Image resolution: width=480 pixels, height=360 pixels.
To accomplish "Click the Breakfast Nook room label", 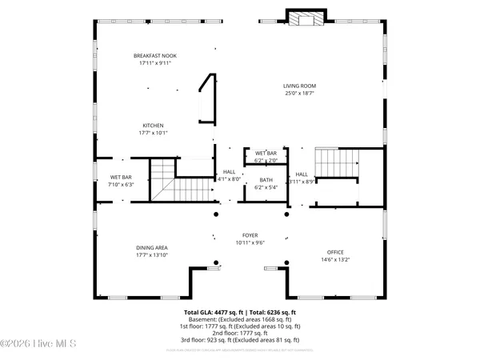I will pos(154,55).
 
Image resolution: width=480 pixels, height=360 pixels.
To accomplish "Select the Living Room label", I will pos(300,86).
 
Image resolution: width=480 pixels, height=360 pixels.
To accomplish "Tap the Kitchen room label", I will pos(153,126).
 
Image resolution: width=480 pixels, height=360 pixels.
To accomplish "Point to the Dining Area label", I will pos(150,248).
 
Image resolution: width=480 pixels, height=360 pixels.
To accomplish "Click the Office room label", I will pos(334,252).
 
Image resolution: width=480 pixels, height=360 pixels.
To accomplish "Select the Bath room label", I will pos(266,180).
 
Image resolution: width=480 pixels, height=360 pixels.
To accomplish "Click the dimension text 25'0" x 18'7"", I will pos(300,94).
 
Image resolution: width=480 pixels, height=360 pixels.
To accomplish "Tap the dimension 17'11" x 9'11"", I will pos(154,62).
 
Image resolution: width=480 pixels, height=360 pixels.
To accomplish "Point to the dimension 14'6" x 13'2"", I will pos(334,259).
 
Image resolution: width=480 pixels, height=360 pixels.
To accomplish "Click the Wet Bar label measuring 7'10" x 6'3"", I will pos(121,177).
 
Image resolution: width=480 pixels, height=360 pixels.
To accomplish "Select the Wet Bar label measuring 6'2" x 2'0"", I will pos(266,153).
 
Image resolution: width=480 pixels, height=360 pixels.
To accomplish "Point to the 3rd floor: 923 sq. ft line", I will pos(240,339).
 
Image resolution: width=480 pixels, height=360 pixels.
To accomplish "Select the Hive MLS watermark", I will pos(38,344).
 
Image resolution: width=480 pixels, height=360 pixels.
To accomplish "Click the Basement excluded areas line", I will pos(240,319).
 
